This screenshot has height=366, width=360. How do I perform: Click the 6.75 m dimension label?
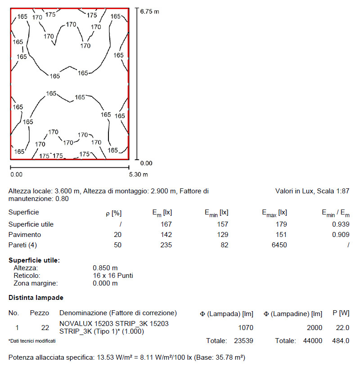tap(149, 11)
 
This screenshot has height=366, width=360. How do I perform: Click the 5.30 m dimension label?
tap(139, 174)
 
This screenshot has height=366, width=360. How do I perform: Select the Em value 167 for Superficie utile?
tap(167, 224)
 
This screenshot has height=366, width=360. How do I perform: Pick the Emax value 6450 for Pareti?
tap(278, 245)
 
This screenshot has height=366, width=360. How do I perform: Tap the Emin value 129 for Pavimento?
tap(222, 235)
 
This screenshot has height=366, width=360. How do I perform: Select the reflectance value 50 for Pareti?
tap(117, 245)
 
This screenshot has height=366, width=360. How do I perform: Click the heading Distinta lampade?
tap(36, 298)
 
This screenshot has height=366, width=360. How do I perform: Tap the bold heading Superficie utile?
tap(34, 260)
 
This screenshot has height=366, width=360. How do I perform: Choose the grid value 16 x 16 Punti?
tap(112, 275)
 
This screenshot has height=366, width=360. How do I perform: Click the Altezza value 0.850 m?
tap(105, 268)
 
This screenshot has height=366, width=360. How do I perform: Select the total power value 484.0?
tap(340, 341)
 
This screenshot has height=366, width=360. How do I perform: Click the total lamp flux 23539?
tap(243, 341)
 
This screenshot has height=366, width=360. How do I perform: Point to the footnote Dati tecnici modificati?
tap(32, 341)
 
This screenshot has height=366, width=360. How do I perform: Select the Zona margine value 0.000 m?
tap(105, 283)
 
